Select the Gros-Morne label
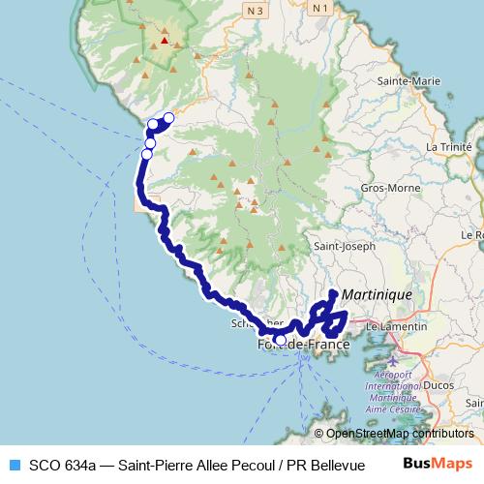click(382, 188)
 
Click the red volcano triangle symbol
click(166, 41)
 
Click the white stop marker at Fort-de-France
click(281, 340)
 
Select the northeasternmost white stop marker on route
click(168, 118)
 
